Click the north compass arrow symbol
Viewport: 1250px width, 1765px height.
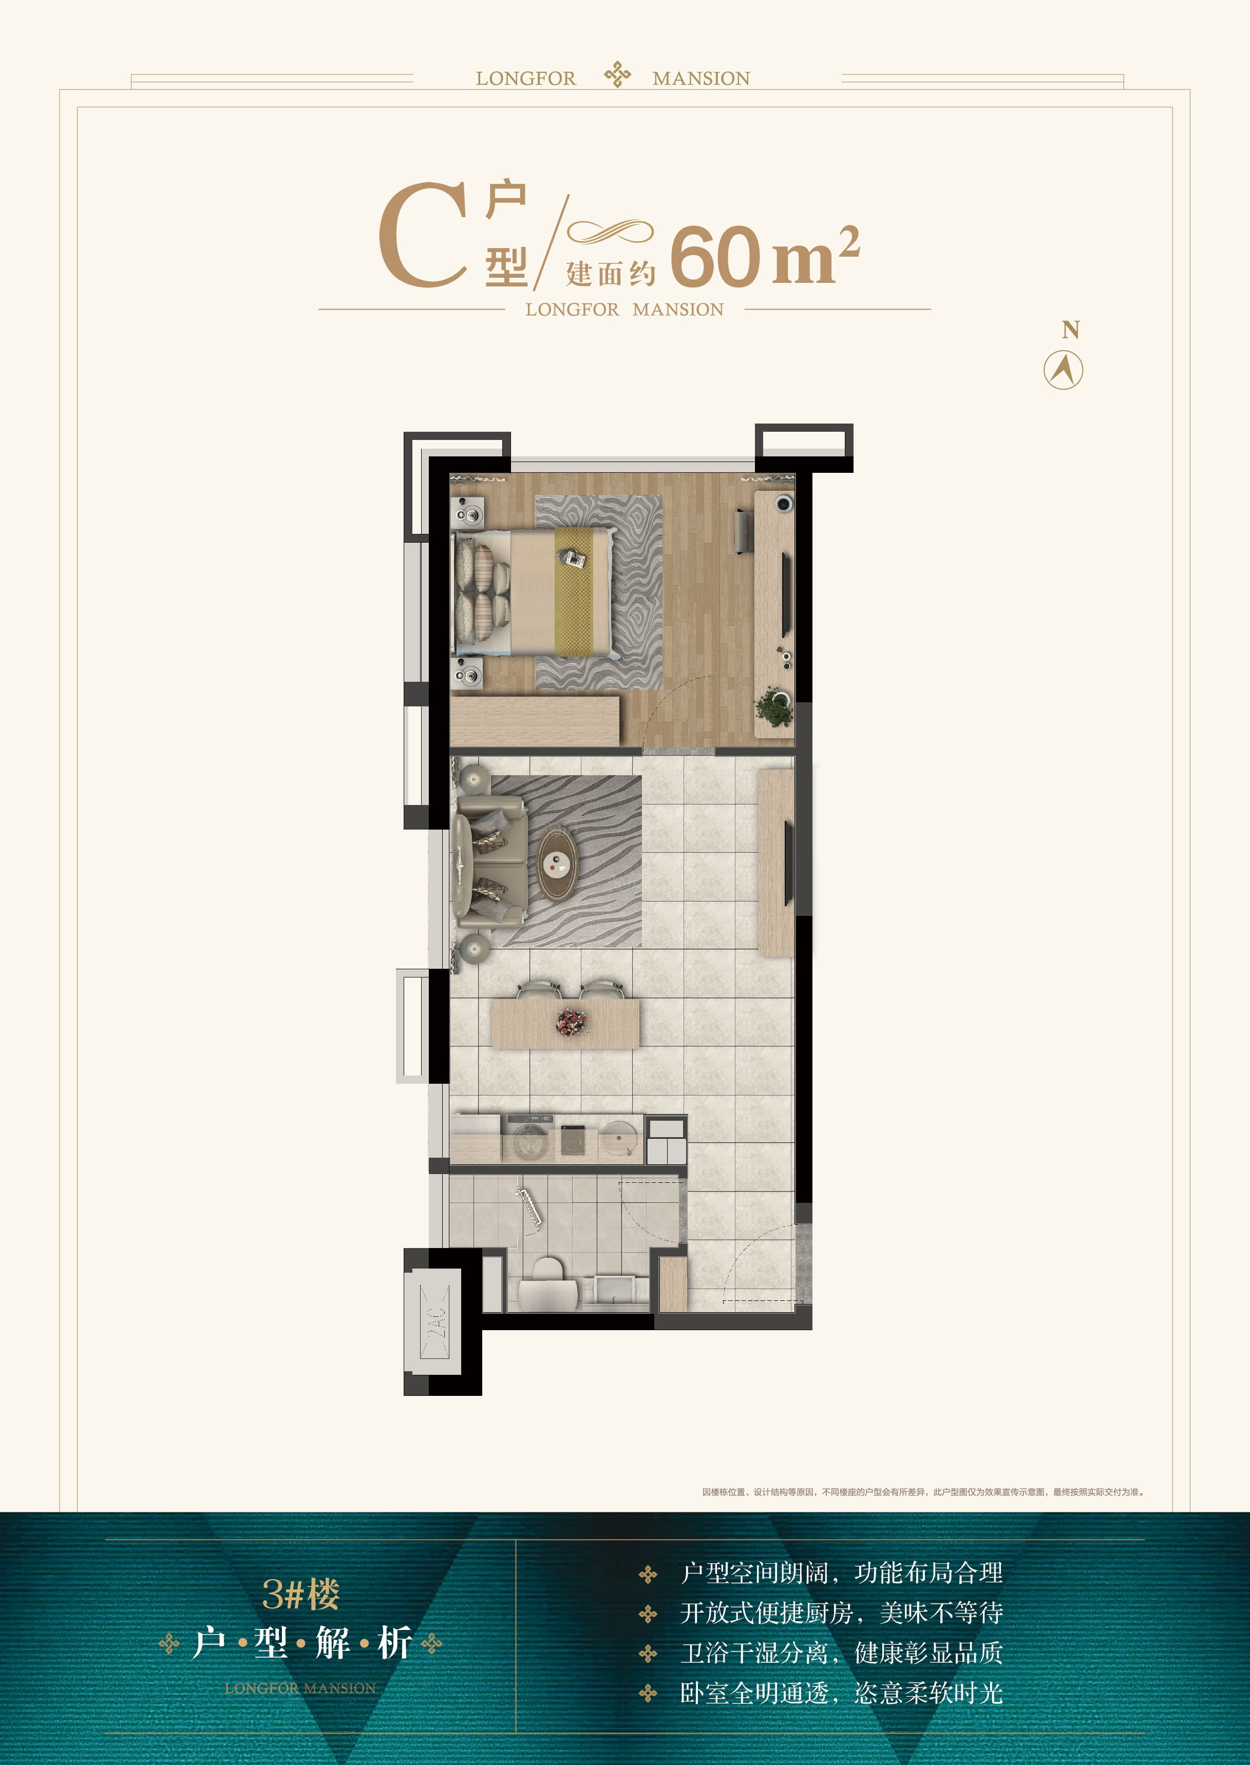point(1063,370)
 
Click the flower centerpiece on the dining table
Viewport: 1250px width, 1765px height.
point(571,1023)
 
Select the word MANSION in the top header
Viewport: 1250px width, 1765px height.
point(701,79)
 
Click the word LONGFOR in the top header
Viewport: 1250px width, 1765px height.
point(526,79)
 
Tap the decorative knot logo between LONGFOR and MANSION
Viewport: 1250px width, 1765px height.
point(617,74)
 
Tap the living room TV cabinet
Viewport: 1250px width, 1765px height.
point(776,864)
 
